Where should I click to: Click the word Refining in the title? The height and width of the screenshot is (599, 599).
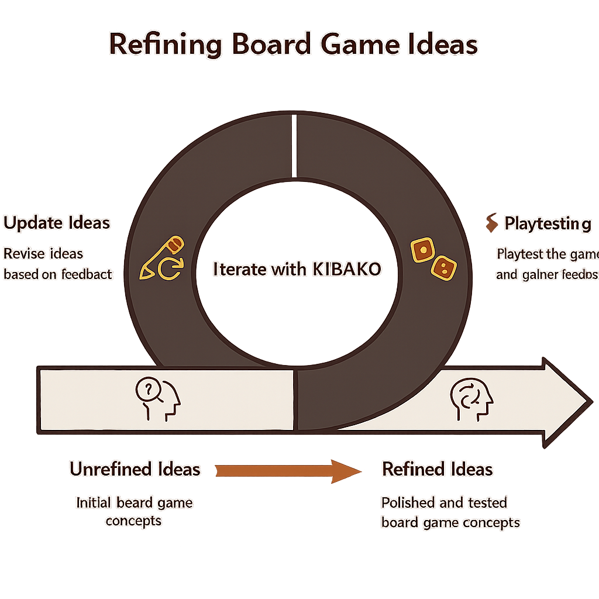(x=165, y=45)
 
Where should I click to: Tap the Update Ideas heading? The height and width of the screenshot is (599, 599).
(x=57, y=223)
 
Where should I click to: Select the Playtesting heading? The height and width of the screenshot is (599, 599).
(x=547, y=223)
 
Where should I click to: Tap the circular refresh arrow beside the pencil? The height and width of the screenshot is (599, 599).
(x=170, y=270)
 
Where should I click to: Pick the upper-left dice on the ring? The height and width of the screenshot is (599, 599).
(x=421, y=250)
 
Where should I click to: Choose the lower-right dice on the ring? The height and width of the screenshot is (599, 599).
(x=443, y=268)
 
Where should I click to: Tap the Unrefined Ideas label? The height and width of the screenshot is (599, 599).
(x=135, y=469)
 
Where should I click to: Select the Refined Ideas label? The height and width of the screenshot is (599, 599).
(x=437, y=469)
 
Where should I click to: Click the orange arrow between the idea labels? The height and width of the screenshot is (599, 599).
(x=281, y=470)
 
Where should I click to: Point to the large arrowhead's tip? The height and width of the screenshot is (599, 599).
(x=588, y=402)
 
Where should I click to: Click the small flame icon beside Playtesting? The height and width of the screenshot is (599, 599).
(x=491, y=222)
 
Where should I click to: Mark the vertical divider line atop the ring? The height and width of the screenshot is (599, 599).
(x=294, y=146)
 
